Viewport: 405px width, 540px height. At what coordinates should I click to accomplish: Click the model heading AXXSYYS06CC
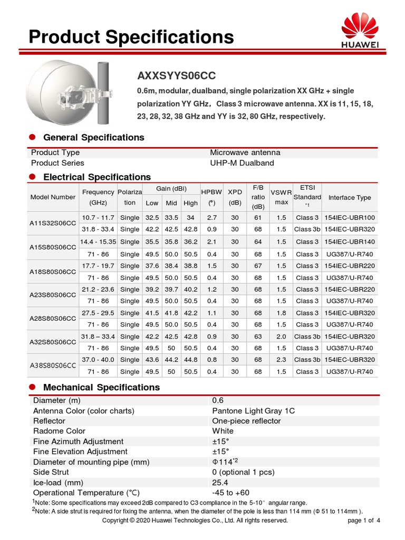[x=176, y=76]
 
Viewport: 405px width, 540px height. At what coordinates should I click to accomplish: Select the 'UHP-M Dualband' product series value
[x=242, y=163]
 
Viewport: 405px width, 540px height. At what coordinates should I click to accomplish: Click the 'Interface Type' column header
[x=349, y=198]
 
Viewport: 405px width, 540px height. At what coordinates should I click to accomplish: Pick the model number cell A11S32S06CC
[x=53, y=224]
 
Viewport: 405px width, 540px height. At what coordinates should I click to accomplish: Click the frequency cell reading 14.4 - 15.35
[x=98, y=242]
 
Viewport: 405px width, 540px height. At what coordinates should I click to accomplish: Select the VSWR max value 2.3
[x=281, y=360]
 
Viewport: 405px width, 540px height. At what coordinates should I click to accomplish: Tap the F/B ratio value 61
[x=258, y=217]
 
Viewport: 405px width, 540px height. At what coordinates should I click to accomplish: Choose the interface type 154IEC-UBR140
[x=349, y=242]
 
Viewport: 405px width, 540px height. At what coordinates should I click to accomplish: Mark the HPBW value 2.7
[x=211, y=217]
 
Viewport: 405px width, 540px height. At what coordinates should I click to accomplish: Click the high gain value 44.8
[x=190, y=360]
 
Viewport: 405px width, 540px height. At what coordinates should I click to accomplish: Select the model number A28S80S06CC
[x=53, y=319]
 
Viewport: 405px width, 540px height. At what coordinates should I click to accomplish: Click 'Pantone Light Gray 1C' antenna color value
[x=253, y=411]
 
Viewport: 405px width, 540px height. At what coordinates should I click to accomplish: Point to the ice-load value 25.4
[x=220, y=483]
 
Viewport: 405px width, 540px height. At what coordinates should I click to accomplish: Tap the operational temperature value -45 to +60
[x=230, y=493]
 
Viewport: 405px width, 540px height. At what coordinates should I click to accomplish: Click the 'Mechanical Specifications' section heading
[x=101, y=387]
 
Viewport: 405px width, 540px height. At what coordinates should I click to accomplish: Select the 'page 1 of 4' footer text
[x=364, y=520]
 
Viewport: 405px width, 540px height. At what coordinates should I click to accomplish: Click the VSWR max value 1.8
[x=281, y=313]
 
